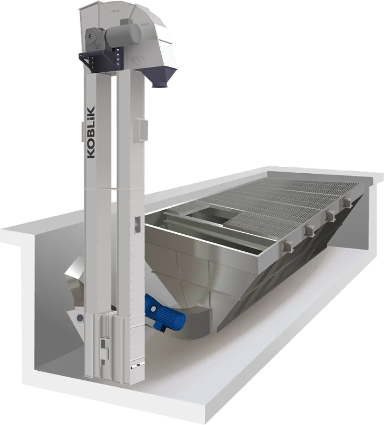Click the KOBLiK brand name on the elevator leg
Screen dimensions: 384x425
(x=91, y=132)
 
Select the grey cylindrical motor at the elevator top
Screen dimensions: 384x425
(x=123, y=35)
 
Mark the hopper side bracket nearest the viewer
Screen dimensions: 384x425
(x=287, y=245)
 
